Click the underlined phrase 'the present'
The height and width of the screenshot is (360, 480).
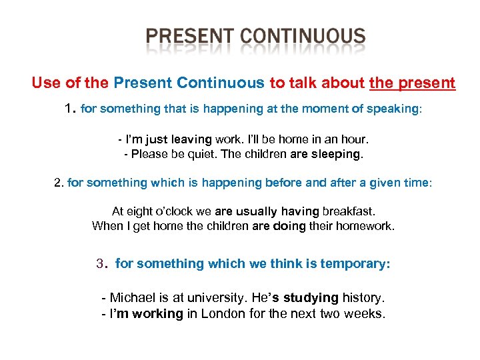point(412,83)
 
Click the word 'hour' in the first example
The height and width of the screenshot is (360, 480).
point(353,140)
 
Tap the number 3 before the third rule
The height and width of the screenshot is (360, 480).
point(101,263)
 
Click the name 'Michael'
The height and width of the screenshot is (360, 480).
point(132,297)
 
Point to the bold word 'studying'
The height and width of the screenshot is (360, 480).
point(311,297)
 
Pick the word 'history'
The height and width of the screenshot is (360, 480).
point(363,297)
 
